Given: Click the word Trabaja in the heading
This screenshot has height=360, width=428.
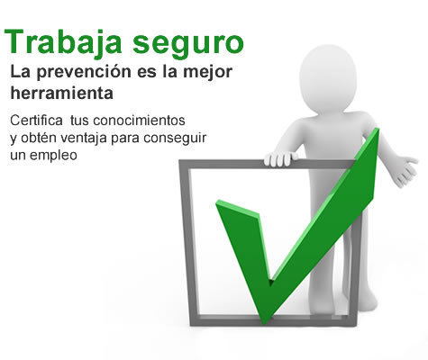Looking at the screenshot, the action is (63, 40).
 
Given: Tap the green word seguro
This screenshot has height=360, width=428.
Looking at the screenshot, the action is (188, 44).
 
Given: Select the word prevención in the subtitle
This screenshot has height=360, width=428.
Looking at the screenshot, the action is (84, 72).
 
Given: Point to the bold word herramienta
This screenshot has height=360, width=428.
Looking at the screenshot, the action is (62, 93).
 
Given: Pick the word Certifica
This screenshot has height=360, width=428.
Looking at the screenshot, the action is (36, 121).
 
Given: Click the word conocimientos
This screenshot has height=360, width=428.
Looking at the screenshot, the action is (139, 121).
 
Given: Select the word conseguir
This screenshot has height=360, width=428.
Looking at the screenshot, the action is (175, 139).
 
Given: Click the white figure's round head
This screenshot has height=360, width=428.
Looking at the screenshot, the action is (328, 78).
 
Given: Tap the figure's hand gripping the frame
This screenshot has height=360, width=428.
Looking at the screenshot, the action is (280, 158).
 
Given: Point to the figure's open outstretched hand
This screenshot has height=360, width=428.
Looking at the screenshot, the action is (405, 171).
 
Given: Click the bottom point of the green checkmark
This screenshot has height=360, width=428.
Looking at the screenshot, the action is (264, 323).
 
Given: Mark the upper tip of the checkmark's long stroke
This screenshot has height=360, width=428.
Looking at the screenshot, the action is (378, 129).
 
